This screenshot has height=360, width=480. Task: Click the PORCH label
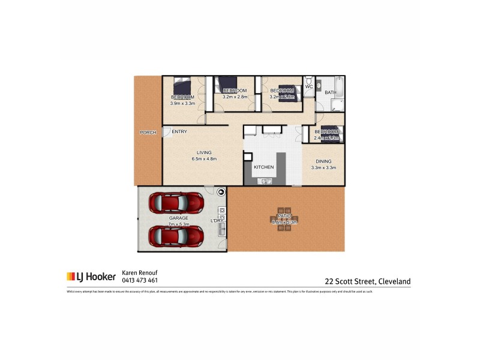coord(148,132)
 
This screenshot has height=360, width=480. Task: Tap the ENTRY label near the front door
coord(179,131)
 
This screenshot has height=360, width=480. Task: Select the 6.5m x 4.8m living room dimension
coord(203,159)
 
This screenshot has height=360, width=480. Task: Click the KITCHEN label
coord(264,167)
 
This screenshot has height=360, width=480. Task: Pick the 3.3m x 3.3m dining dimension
coord(323,167)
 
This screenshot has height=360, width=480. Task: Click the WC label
coord(309,87)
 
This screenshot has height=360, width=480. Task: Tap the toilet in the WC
coord(309,80)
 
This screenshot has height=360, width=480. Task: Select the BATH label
coord(331,92)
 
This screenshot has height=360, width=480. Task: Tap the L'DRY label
coord(217,221)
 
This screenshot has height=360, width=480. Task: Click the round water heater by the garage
coord(221,192)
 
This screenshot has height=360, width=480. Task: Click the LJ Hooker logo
coord(91,277)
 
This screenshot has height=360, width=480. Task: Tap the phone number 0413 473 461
coord(140,280)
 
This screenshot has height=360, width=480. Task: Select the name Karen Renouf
coord(140,272)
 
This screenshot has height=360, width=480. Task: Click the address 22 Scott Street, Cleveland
coord(367,280)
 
